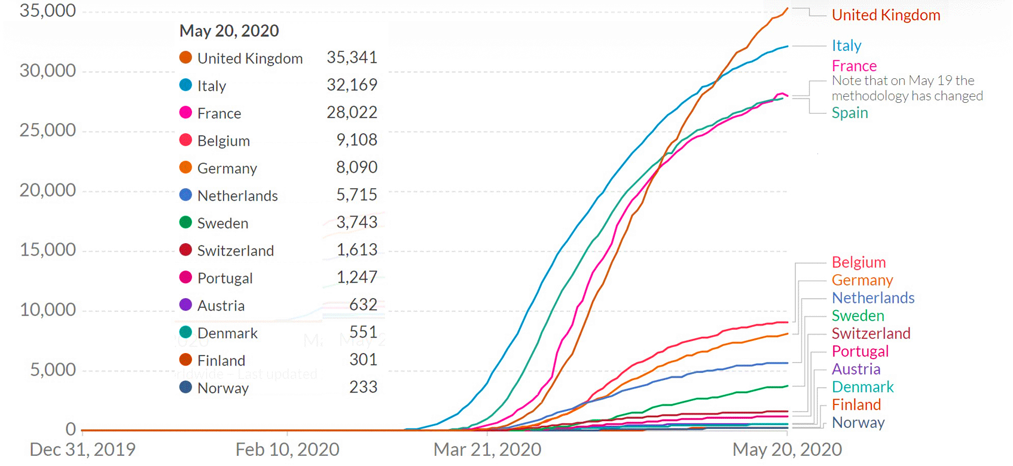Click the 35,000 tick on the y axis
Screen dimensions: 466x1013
tap(48, 11)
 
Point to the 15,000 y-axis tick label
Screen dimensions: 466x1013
tap(48, 250)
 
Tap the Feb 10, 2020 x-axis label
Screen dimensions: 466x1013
tap(287, 449)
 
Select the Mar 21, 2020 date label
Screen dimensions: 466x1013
tap(487, 449)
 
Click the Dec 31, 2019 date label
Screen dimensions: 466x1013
tap(83, 449)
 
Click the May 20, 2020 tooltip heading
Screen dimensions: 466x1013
tap(229, 31)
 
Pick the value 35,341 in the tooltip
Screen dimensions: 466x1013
tap(352, 57)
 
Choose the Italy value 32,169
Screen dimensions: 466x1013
tap(352, 85)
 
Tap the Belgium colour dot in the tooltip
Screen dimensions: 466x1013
tap(186, 140)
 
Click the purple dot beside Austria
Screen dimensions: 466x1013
tap(186, 305)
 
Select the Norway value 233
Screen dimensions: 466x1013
tap(363, 387)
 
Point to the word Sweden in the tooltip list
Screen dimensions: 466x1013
tap(222, 223)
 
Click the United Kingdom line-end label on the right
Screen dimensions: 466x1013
tap(886, 15)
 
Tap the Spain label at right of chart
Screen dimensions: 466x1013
tap(850, 113)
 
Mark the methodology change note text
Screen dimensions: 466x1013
tap(907, 88)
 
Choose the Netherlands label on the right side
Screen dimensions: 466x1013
tap(873, 298)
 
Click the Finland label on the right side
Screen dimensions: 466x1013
tap(856, 404)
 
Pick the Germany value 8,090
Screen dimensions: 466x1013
tap(356, 167)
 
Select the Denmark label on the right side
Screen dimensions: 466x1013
tap(862, 387)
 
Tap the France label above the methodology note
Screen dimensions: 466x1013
tap(854, 66)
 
